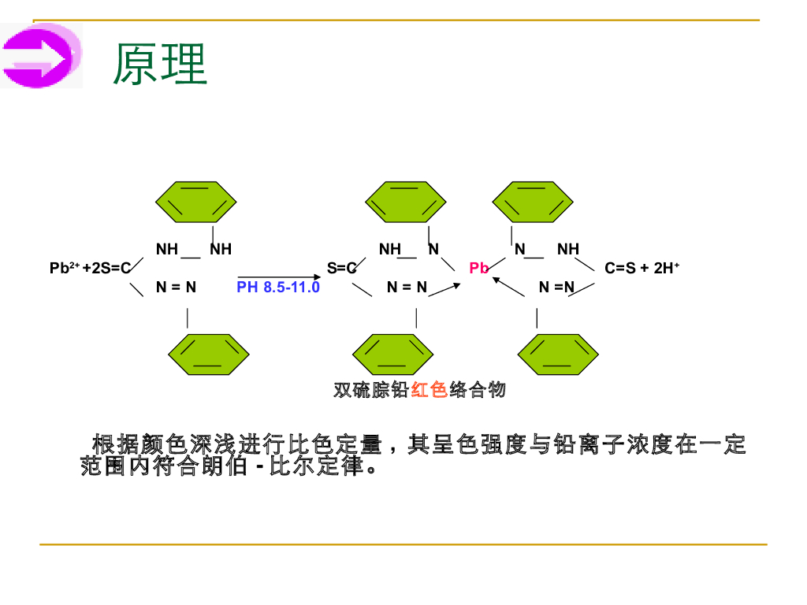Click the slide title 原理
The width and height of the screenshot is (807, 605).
pyautogui.click(x=160, y=64)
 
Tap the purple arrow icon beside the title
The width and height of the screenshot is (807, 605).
pyautogui.click(x=41, y=56)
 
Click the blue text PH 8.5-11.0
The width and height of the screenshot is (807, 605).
pyautogui.click(x=278, y=288)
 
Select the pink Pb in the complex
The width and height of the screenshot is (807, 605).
pyautogui.click(x=478, y=269)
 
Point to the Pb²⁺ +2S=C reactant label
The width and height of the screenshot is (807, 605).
pyautogui.click(x=89, y=269)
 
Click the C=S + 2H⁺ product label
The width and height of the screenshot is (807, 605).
pyautogui.click(x=642, y=269)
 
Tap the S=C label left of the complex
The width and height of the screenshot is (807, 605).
pyautogui.click(x=342, y=269)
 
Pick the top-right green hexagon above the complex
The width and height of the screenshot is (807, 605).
pyautogui.click(x=532, y=202)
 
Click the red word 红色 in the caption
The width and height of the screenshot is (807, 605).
pyautogui.click(x=430, y=390)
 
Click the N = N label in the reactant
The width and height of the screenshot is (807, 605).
pyautogui.click(x=176, y=288)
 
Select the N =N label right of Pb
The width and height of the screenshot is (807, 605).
pyautogui.click(x=556, y=288)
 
